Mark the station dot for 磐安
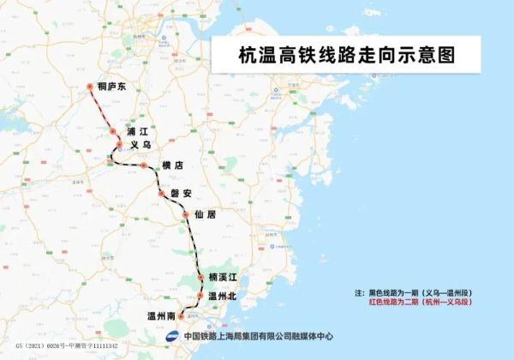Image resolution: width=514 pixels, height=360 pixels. (160, 195)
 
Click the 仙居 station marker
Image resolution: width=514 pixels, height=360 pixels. (185, 214)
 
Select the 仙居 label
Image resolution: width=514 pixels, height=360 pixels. (205, 214)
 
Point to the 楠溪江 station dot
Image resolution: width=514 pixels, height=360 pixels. (199, 278)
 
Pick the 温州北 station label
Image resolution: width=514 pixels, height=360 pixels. (221, 295)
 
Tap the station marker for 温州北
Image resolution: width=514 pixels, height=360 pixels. (199, 296)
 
